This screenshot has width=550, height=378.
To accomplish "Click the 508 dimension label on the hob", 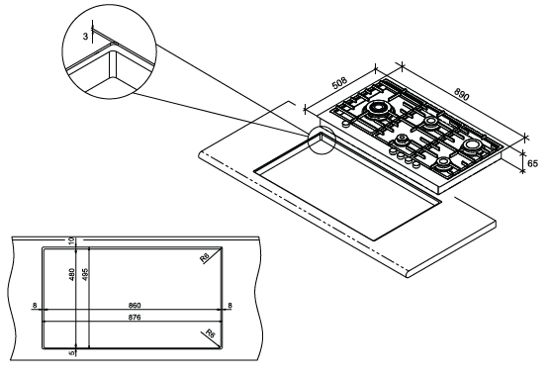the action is tap(339, 83).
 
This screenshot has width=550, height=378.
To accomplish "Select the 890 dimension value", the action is tap(462, 94).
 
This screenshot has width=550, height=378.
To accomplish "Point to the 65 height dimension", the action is tap(532, 163).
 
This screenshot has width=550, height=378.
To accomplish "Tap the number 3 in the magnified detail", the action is tap(86, 37).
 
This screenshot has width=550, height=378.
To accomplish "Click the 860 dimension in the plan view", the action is tap(135, 306).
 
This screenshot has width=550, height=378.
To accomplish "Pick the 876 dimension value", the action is tap(135, 318).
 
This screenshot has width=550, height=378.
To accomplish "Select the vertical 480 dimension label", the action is tap(72, 274).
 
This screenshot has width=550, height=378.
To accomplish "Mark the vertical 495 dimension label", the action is tap(84, 274).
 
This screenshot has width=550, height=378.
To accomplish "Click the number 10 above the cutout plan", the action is tap(72, 241).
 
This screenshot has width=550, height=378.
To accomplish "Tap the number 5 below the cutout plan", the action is tap(72, 352).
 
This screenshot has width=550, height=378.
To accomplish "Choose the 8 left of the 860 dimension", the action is tap(35, 306).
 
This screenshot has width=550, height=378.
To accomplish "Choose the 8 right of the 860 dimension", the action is tap(229, 306).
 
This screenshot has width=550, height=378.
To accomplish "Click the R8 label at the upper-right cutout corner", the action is tap(204, 258).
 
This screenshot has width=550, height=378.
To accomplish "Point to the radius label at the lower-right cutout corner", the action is tap(210, 333).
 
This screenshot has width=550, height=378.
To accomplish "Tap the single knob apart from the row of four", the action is tap(345, 125).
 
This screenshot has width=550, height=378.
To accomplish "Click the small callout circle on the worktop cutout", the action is tap(321, 141).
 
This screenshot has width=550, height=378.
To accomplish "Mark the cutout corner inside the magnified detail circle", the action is tap(113, 52).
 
